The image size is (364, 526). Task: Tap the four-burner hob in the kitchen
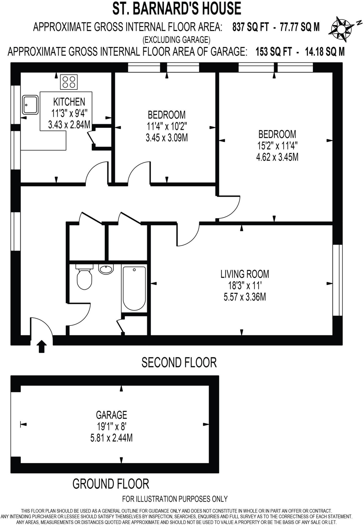[69, 81]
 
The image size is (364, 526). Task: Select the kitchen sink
[30, 105]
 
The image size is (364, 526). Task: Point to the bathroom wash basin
[106, 269]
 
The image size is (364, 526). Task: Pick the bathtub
[134, 288]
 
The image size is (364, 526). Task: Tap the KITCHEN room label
[69, 102]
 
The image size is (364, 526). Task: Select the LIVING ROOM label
[245, 274]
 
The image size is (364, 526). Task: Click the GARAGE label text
[111, 415]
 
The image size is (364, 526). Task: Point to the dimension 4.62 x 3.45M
[277, 157]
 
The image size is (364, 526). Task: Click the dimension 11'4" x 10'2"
[167, 126]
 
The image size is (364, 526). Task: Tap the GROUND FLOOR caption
[111, 484]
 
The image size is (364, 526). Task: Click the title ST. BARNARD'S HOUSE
[177, 8]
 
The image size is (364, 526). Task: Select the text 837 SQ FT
[250, 27]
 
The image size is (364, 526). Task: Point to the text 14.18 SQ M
[325, 52]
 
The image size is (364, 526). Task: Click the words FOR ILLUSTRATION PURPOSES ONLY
[175, 499]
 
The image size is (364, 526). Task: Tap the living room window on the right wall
[337, 280]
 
